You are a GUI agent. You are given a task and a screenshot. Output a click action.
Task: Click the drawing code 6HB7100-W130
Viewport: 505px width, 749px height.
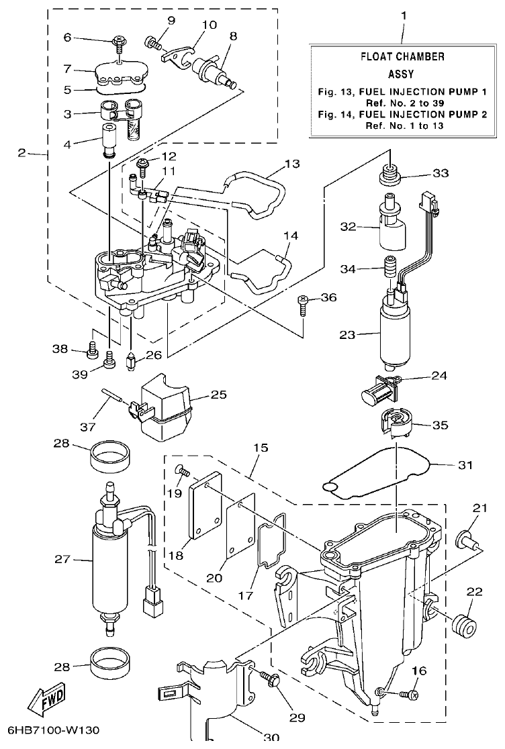coord(56,730)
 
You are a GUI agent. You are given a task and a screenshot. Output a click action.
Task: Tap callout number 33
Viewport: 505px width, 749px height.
coord(439,173)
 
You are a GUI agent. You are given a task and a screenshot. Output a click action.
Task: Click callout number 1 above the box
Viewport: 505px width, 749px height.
coord(403,14)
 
